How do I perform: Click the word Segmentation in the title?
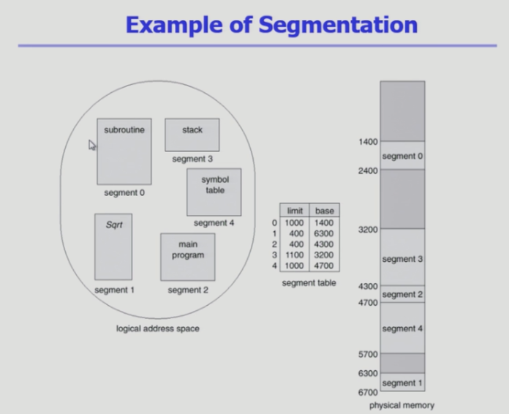coord(338,25)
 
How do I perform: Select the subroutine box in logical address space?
coord(124,151)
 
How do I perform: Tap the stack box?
coord(192,135)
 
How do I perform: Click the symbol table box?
coord(214,192)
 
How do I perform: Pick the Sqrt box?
coord(113,246)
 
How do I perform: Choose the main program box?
coord(188,257)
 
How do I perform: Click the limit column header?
coord(295,211)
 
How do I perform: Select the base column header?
coord(325,211)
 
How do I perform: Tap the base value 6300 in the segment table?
coord(324,233)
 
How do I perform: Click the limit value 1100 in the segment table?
coord(294,255)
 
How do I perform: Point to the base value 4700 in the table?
coord(324,266)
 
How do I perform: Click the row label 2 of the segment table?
coord(275,244)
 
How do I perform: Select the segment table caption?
coord(309,283)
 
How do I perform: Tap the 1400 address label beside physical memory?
coord(368,142)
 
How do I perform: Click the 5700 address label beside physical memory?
coord(368,354)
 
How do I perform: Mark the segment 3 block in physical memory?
coord(402,257)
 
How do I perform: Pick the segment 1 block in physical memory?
coord(402,382)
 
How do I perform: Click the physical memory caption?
coord(402,405)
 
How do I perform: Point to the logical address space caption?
coord(158,328)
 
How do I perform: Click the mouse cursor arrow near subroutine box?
coord(92,145)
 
